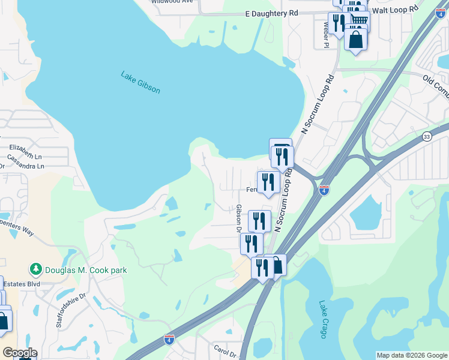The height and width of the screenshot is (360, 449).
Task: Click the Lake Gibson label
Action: (140, 83)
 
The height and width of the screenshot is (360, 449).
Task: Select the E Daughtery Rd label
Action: (272, 13)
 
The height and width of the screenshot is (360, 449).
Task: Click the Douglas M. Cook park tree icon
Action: (36, 270)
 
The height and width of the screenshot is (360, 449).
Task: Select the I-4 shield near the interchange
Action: (324, 190)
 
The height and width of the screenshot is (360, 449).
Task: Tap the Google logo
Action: (19, 353)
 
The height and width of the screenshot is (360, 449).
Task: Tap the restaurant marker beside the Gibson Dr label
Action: (259, 221)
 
